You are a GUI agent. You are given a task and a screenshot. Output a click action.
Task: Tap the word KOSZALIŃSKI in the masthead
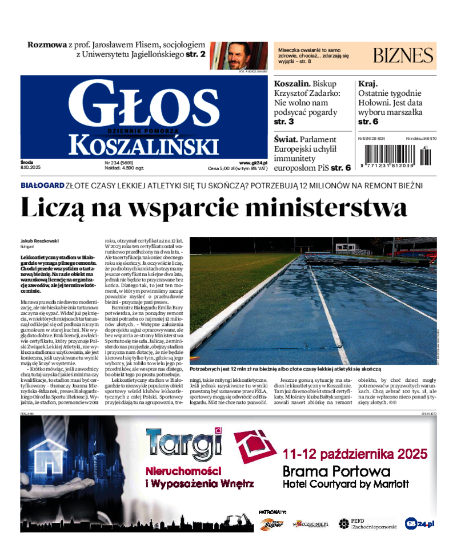(143, 146)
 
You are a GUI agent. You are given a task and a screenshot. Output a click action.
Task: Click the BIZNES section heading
(403, 55)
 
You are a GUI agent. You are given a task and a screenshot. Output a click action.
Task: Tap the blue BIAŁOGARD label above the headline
(42, 185)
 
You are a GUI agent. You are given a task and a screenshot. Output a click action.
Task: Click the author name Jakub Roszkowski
(39, 241)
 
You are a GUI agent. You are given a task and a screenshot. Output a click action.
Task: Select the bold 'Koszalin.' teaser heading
(297, 83)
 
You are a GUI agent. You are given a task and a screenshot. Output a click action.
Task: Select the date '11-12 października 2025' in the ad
(355, 454)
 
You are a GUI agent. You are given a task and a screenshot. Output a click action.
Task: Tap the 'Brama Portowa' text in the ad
(337, 471)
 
